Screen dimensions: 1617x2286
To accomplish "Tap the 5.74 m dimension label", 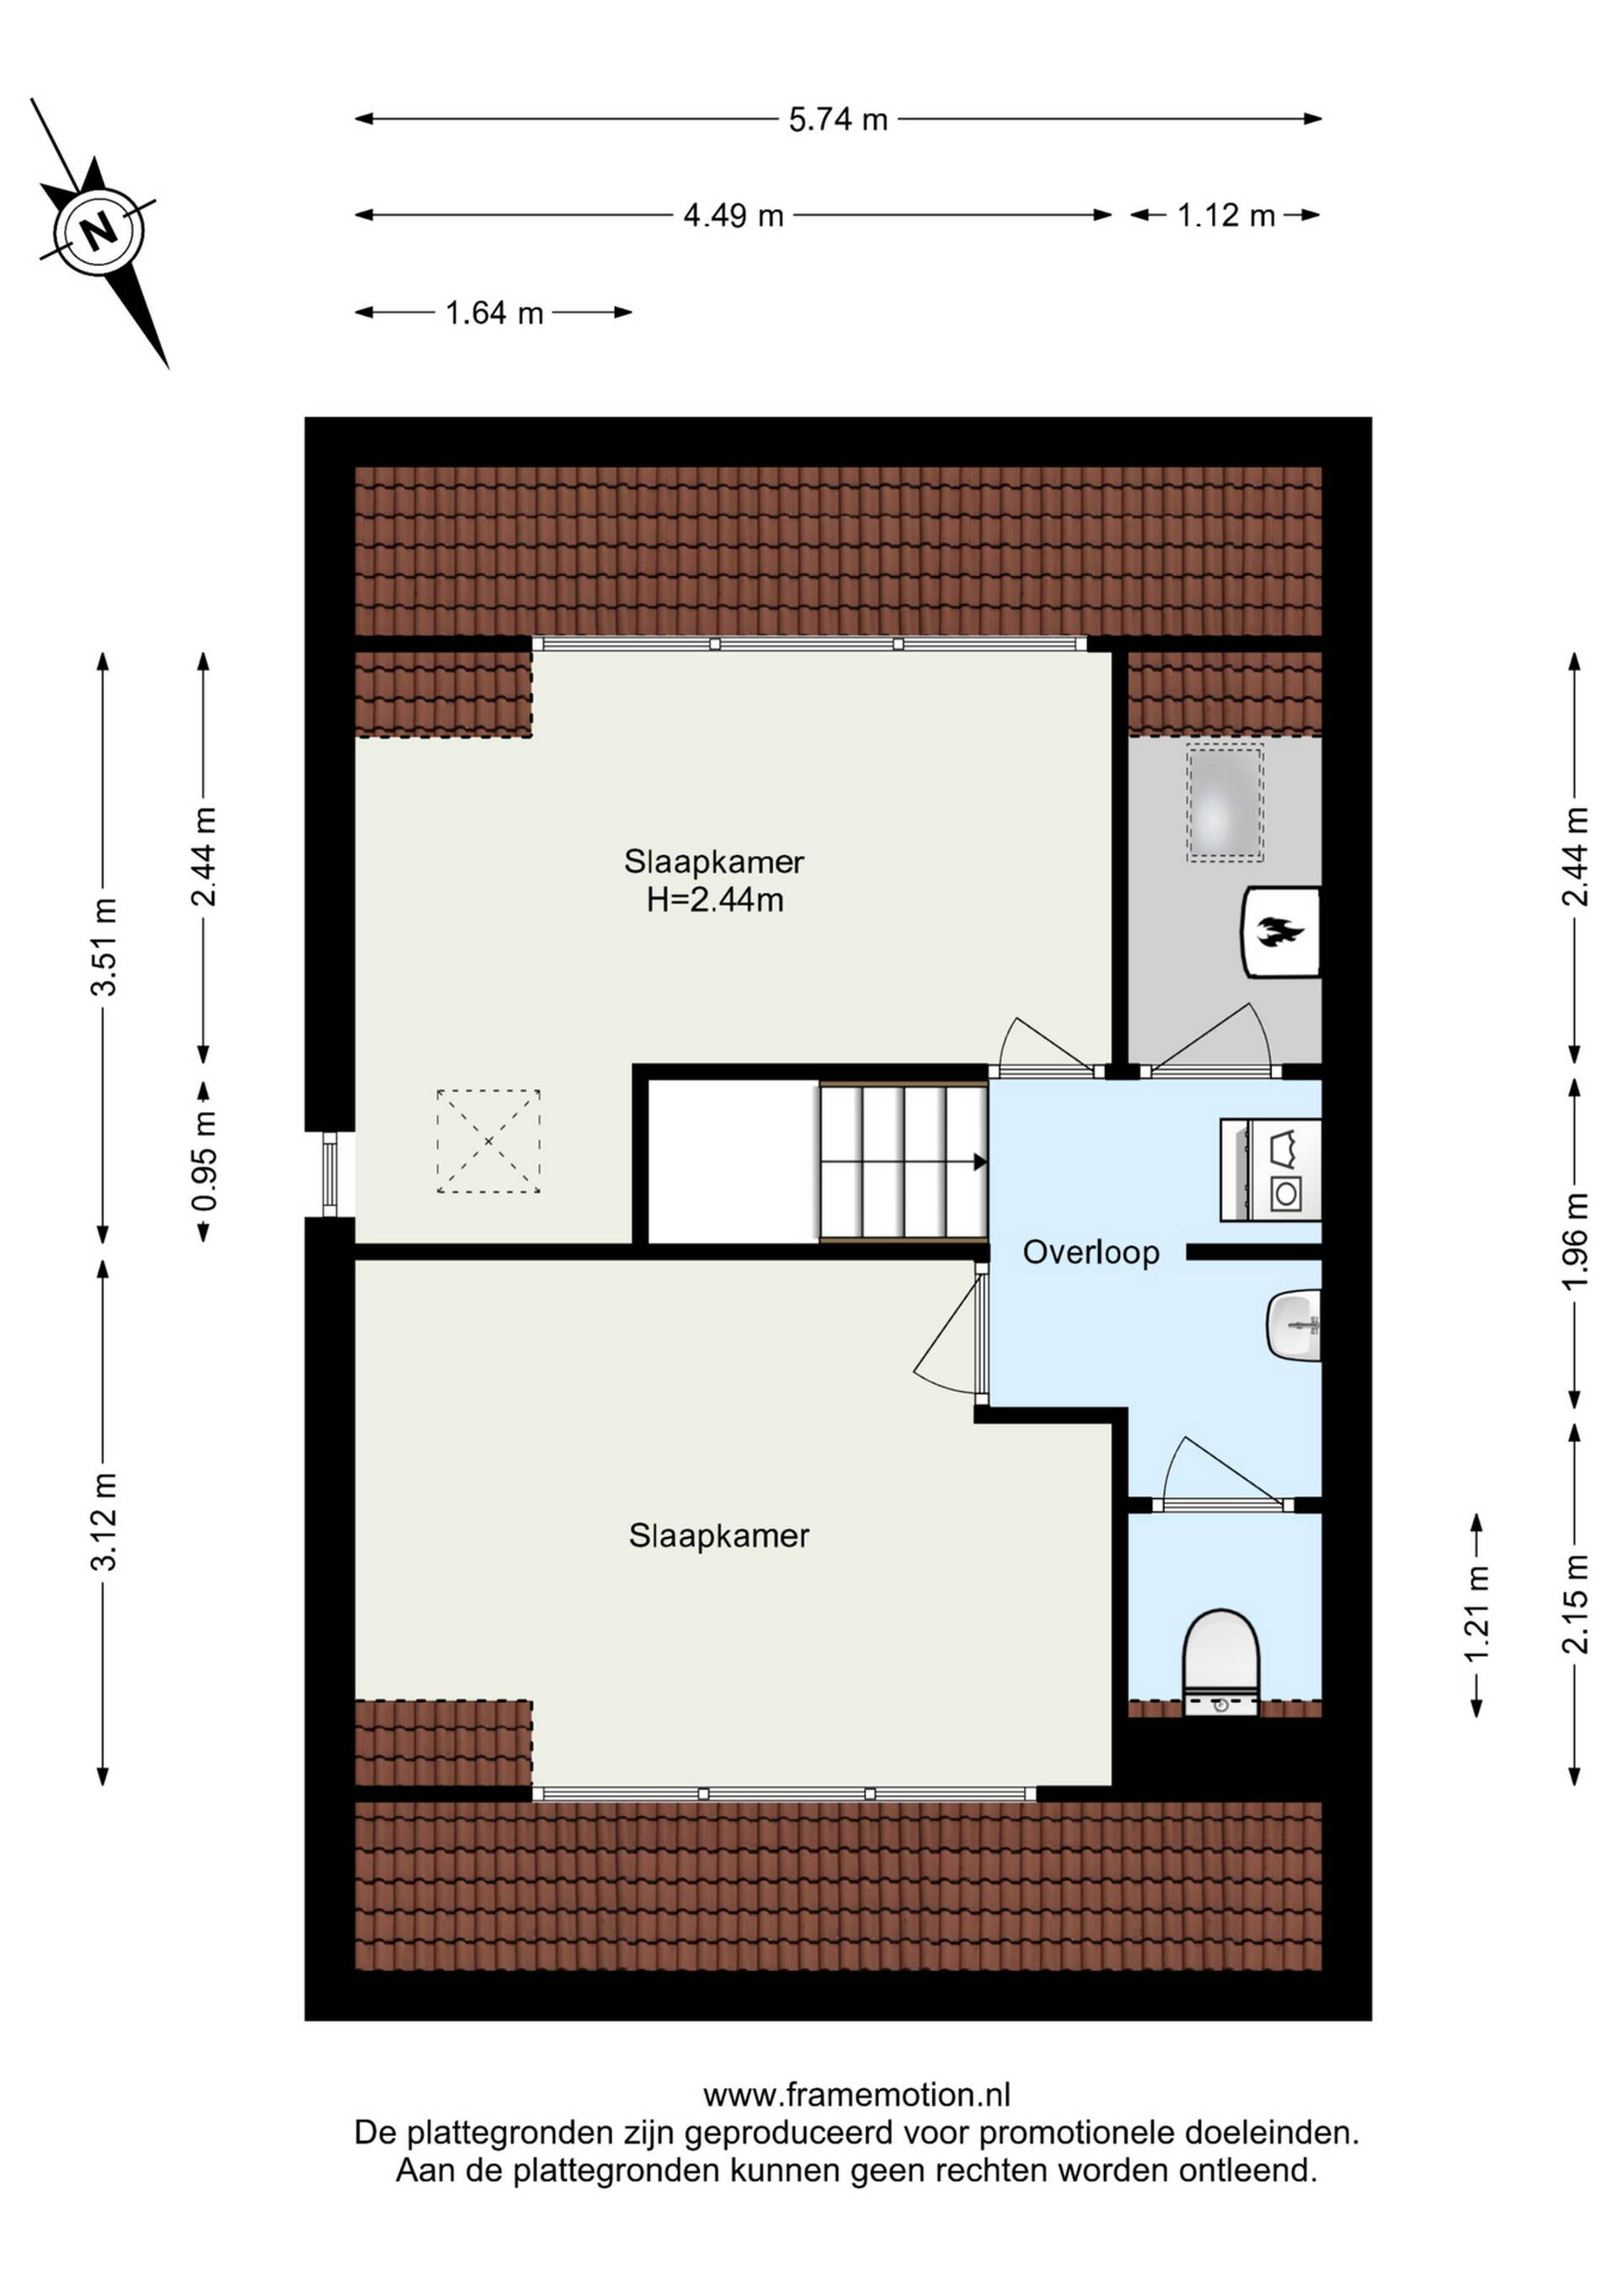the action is pyautogui.click(x=837, y=120).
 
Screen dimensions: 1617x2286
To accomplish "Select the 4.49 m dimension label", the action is pyautogui.click(x=734, y=215).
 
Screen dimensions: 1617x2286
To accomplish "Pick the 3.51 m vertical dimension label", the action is pyautogui.click(x=104, y=946).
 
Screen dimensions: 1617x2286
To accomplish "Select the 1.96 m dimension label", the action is pyautogui.click(x=1574, y=1242).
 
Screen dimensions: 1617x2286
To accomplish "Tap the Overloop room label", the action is pyautogui.click(x=1091, y=1252).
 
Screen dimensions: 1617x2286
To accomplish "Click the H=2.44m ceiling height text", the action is pyautogui.click(x=715, y=900).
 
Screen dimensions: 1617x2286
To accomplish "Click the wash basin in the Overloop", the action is pyautogui.click(x=1294, y=1324).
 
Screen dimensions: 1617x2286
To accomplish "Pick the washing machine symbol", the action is pyautogui.click(x=1271, y=1170).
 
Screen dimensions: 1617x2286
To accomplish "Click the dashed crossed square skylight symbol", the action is pyautogui.click(x=488, y=1141).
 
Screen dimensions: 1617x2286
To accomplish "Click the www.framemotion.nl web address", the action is pyautogui.click(x=857, y=2096).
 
